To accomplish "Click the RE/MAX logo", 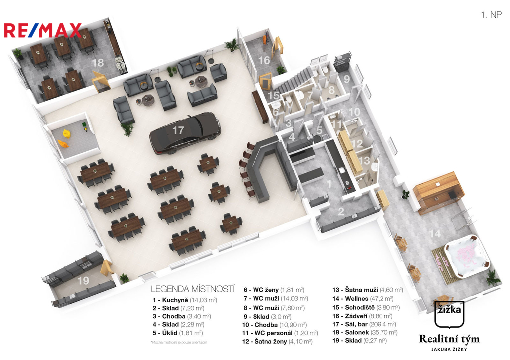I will coord(42,31).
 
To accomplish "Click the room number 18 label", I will coord(98,63).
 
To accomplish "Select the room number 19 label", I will coord(83,281).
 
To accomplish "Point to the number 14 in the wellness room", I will coord(435,234).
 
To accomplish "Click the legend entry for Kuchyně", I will coord(185,300).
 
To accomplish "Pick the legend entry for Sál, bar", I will coord(365,324).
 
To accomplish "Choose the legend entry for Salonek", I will coord(365,332).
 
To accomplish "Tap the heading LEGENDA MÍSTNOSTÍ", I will coord(192,288).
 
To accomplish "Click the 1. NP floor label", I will coord(491,15).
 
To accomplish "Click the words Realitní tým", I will coord(449,339).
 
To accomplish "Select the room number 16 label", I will coord(264,60).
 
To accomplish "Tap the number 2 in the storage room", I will coord(341,211).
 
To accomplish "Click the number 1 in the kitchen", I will coord(328,183).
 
